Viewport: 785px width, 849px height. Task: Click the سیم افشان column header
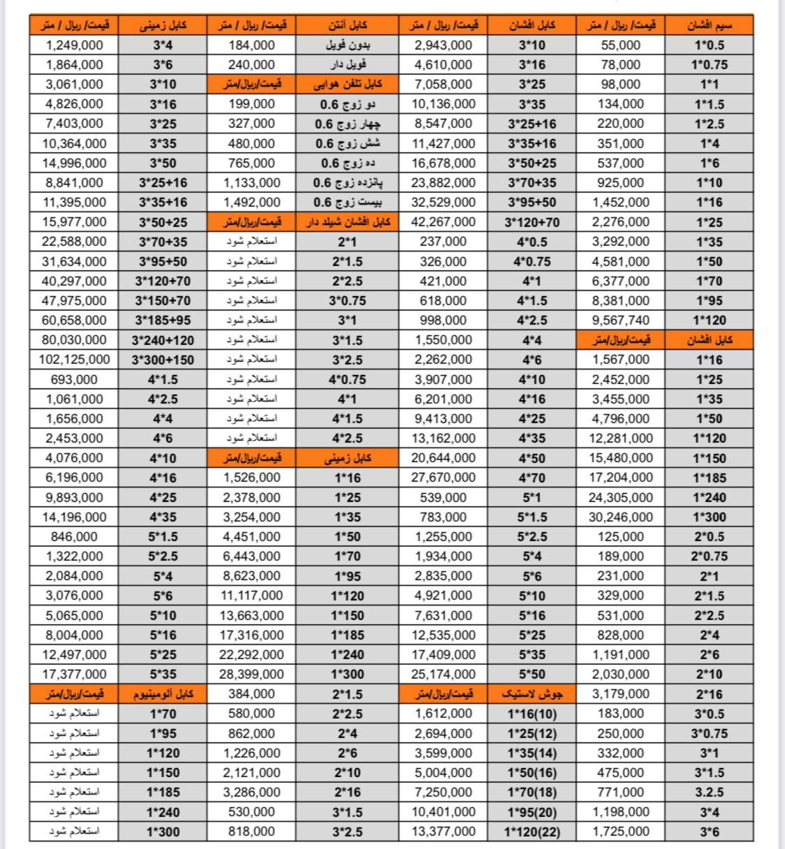tap(709, 25)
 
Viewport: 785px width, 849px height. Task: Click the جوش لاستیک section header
tap(532, 694)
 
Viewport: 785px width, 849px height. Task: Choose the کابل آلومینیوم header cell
tap(163, 694)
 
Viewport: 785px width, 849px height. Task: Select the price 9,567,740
tap(620, 320)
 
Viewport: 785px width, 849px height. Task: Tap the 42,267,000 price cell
tap(444, 222)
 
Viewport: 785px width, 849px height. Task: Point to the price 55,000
tap(620, 45)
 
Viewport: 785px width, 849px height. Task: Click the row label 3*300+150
tap(163, 360)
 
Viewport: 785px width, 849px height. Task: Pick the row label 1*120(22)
tap(532, 832)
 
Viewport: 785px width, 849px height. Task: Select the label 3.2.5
tap(709, 792)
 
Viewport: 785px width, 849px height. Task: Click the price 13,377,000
tap(444, 832)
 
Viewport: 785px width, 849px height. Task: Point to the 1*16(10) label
tap(532, 714)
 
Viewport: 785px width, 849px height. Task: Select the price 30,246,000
tap(620, 517)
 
